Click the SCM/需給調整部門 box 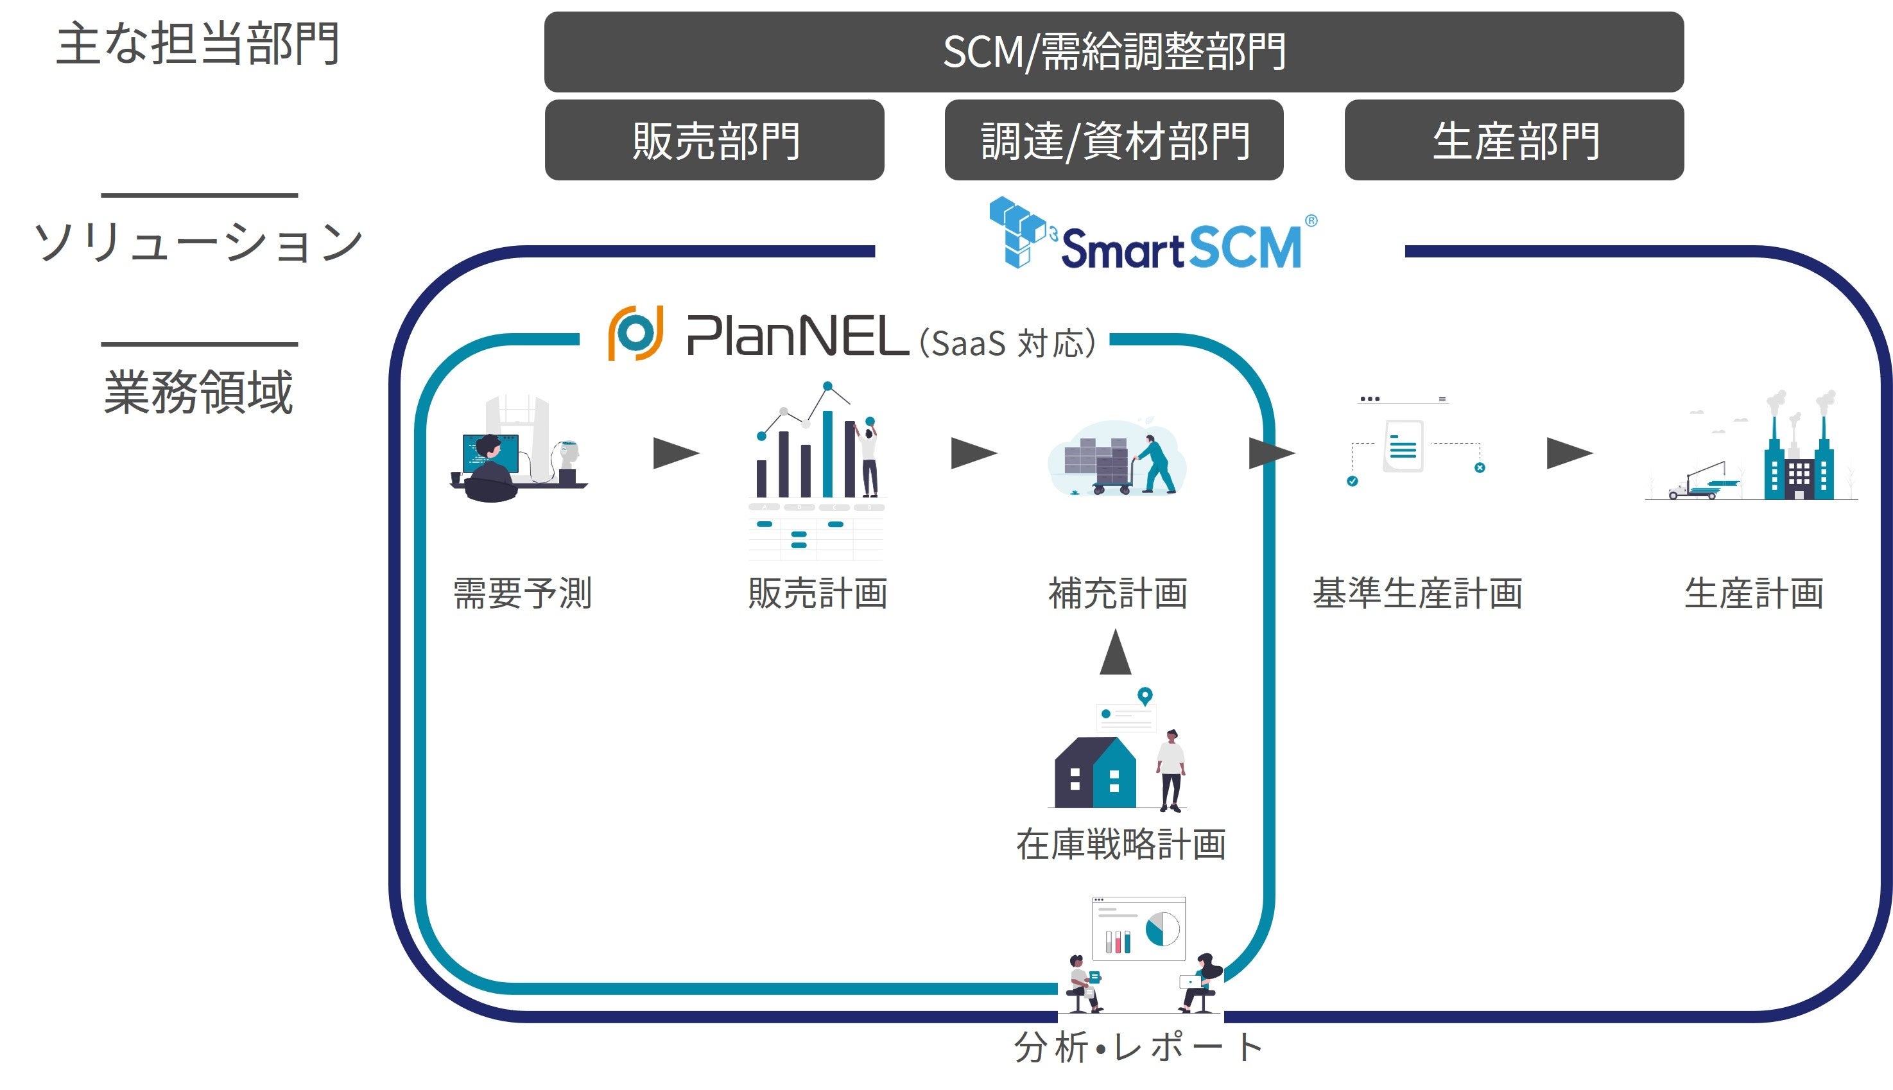tap(1113, 51)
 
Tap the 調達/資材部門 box tap(1113, 140)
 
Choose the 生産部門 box tap(1514, 140)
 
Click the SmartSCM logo tap(1153, 236)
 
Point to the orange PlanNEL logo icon tap(635, 333)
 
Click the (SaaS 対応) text tap(1007, 343)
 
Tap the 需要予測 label tap(523, 593)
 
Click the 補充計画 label tap(1118, 593)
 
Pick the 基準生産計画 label tap(1417, 593)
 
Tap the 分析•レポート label tap(1137, 1046)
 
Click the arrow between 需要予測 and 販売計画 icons tap(675, 453)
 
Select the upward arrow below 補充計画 tap(1115, 653)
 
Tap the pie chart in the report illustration tap(1162, 929)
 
